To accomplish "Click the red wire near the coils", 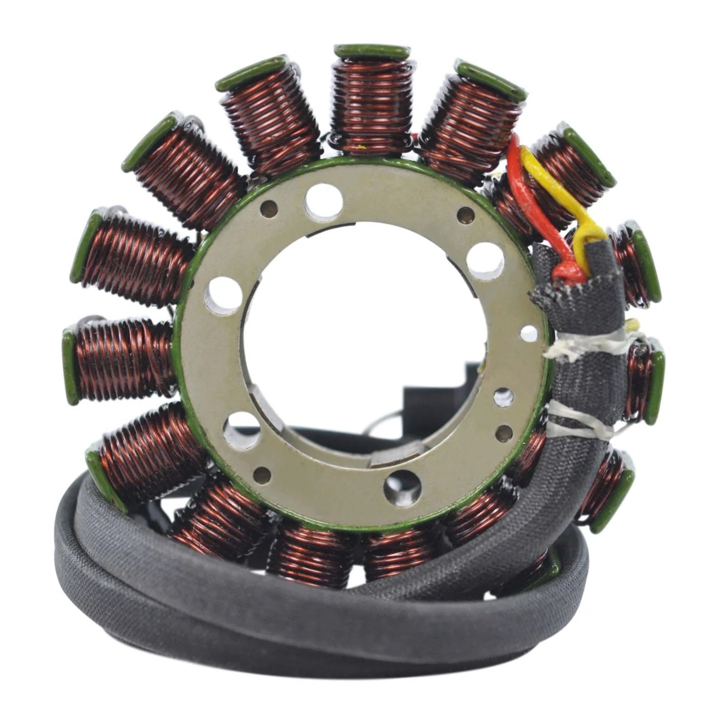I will point(520,181).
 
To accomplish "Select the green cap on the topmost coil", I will point(371,51).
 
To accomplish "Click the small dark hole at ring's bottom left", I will point(262,474).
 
